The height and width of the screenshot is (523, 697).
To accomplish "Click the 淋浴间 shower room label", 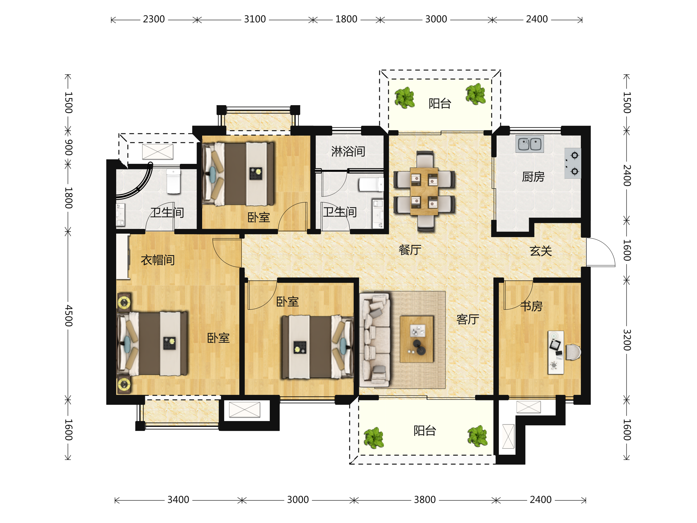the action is coord(348,152).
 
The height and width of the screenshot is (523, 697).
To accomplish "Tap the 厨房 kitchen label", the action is coord(533,177).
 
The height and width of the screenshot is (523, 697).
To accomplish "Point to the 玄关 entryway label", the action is coord(541,251).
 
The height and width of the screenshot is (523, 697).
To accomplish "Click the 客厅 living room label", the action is coord(468,319).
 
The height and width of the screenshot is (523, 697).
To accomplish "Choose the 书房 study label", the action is coord(531,306).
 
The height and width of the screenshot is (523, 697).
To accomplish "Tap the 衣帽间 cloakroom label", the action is coord(157,260).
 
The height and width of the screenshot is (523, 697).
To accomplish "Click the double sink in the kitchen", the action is coord(529,144).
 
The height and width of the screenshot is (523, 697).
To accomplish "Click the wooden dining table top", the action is coord(424,191).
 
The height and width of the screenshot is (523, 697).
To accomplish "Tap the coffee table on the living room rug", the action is coord(416,339).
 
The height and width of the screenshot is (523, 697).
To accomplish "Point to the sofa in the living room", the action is coord(375,340).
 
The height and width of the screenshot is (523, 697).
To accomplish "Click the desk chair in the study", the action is coord(573,352).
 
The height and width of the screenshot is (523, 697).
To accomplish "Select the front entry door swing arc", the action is coord(607,248).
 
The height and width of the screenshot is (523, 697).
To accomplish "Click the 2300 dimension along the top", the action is coord(154,19).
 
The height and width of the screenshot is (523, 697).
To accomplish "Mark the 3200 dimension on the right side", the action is coord(627,340).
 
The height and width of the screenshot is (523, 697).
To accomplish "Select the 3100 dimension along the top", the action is coord(255,19).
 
